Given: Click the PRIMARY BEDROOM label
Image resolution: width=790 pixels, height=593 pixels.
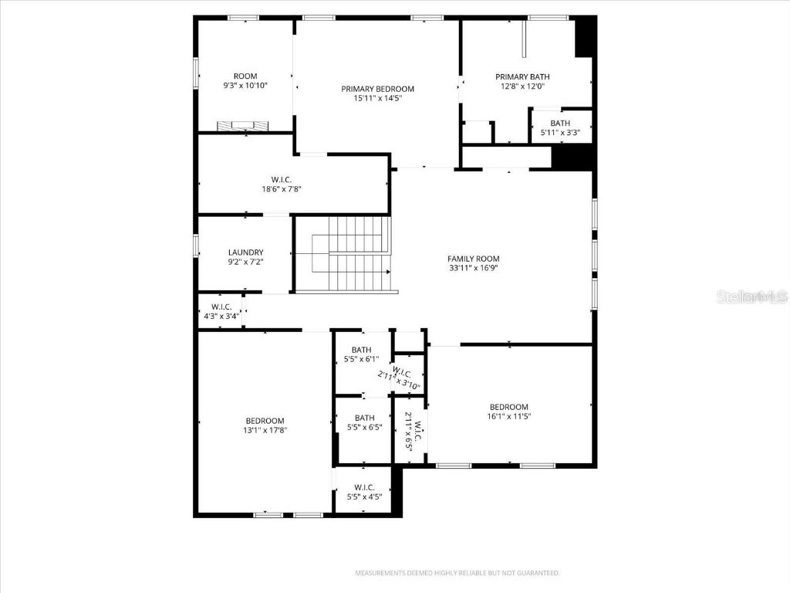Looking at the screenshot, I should tap(378, 89).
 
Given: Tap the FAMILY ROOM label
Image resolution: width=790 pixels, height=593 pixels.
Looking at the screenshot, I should tap(474, 259).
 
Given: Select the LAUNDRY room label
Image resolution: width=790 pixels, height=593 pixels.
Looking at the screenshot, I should tap(245, 252).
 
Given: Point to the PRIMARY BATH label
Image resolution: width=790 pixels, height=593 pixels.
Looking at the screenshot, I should tap(522, 76).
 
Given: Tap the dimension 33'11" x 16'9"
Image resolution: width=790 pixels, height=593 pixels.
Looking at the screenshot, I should tap(474, 269).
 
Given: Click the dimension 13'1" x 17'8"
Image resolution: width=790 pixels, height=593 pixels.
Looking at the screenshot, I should tap(265, 430).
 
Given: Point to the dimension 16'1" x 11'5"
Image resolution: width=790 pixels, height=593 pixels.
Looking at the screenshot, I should tap(509, 417).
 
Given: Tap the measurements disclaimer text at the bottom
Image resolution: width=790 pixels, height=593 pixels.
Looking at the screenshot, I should tap(457, 573).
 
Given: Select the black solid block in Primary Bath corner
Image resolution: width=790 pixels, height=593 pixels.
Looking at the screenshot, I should tap(586, 37).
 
